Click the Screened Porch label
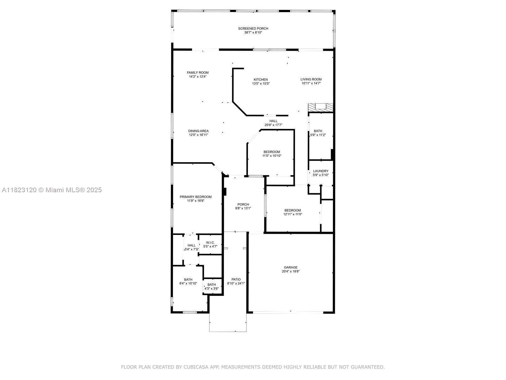click(x=253, y=28)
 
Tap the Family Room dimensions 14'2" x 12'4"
click(x=198, y=77)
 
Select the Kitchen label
click(x=261, y=79)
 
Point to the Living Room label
click(x=311, y=79)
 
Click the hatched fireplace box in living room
click(x=321, y=107)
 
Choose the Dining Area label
click(x=198, y=131)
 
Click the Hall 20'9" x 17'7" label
click(x=273, y=121)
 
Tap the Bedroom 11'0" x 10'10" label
click(x=272, y=152)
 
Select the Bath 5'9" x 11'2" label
click(x=318, y=131)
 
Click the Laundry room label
click(x=321, y=171)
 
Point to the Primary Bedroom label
click(x=195, y=197)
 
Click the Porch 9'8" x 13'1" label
click(x=243, y=204)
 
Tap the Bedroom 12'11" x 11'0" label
click(x=293, y=210)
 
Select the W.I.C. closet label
click(x=210, y=243)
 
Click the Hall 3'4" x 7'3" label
click(x=191, y=245)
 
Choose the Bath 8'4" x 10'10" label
click(x=188, y=280)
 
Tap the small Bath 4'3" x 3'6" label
click(x=212, y=285)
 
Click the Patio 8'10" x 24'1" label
click(x=236, y=279)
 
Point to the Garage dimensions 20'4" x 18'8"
click(x=291, y=271)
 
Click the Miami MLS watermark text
click(x=52, y=190)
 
